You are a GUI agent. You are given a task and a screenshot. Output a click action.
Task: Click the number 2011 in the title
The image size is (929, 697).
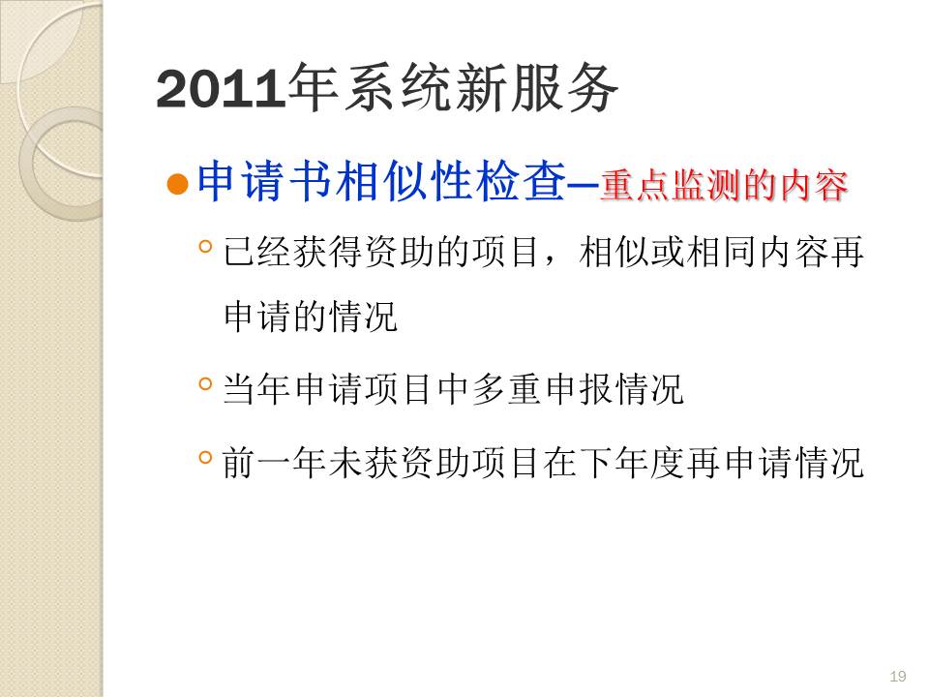(x=221, y=89)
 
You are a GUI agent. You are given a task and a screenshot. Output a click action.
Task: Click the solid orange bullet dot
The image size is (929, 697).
(x=177, y=184)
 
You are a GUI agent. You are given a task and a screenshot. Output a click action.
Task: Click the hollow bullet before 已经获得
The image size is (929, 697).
(x=205, y=246)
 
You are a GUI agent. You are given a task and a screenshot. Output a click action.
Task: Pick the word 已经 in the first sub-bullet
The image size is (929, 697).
(x=257, y=252)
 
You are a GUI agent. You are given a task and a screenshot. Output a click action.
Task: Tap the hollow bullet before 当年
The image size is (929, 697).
(x=205, y=384)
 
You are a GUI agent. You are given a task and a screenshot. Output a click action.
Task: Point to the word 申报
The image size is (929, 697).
(x=579, y=389)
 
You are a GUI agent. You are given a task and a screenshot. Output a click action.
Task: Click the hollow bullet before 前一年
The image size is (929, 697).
(x=205, y=457)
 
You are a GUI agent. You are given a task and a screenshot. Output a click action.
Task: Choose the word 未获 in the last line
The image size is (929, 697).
(x=363, y=463)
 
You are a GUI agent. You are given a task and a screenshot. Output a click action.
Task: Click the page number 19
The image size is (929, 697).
(x=898, y=677)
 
